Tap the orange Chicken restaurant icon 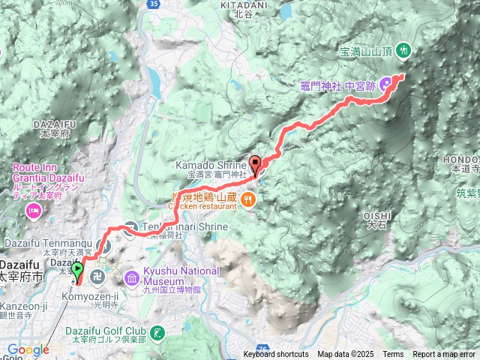coord(249,199)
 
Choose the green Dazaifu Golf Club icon coord(158,332)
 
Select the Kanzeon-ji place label coord(22,306)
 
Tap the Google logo coord(27,349)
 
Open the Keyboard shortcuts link coord(275,355)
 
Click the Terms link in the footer coord(393,355)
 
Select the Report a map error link coord(443,355)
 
